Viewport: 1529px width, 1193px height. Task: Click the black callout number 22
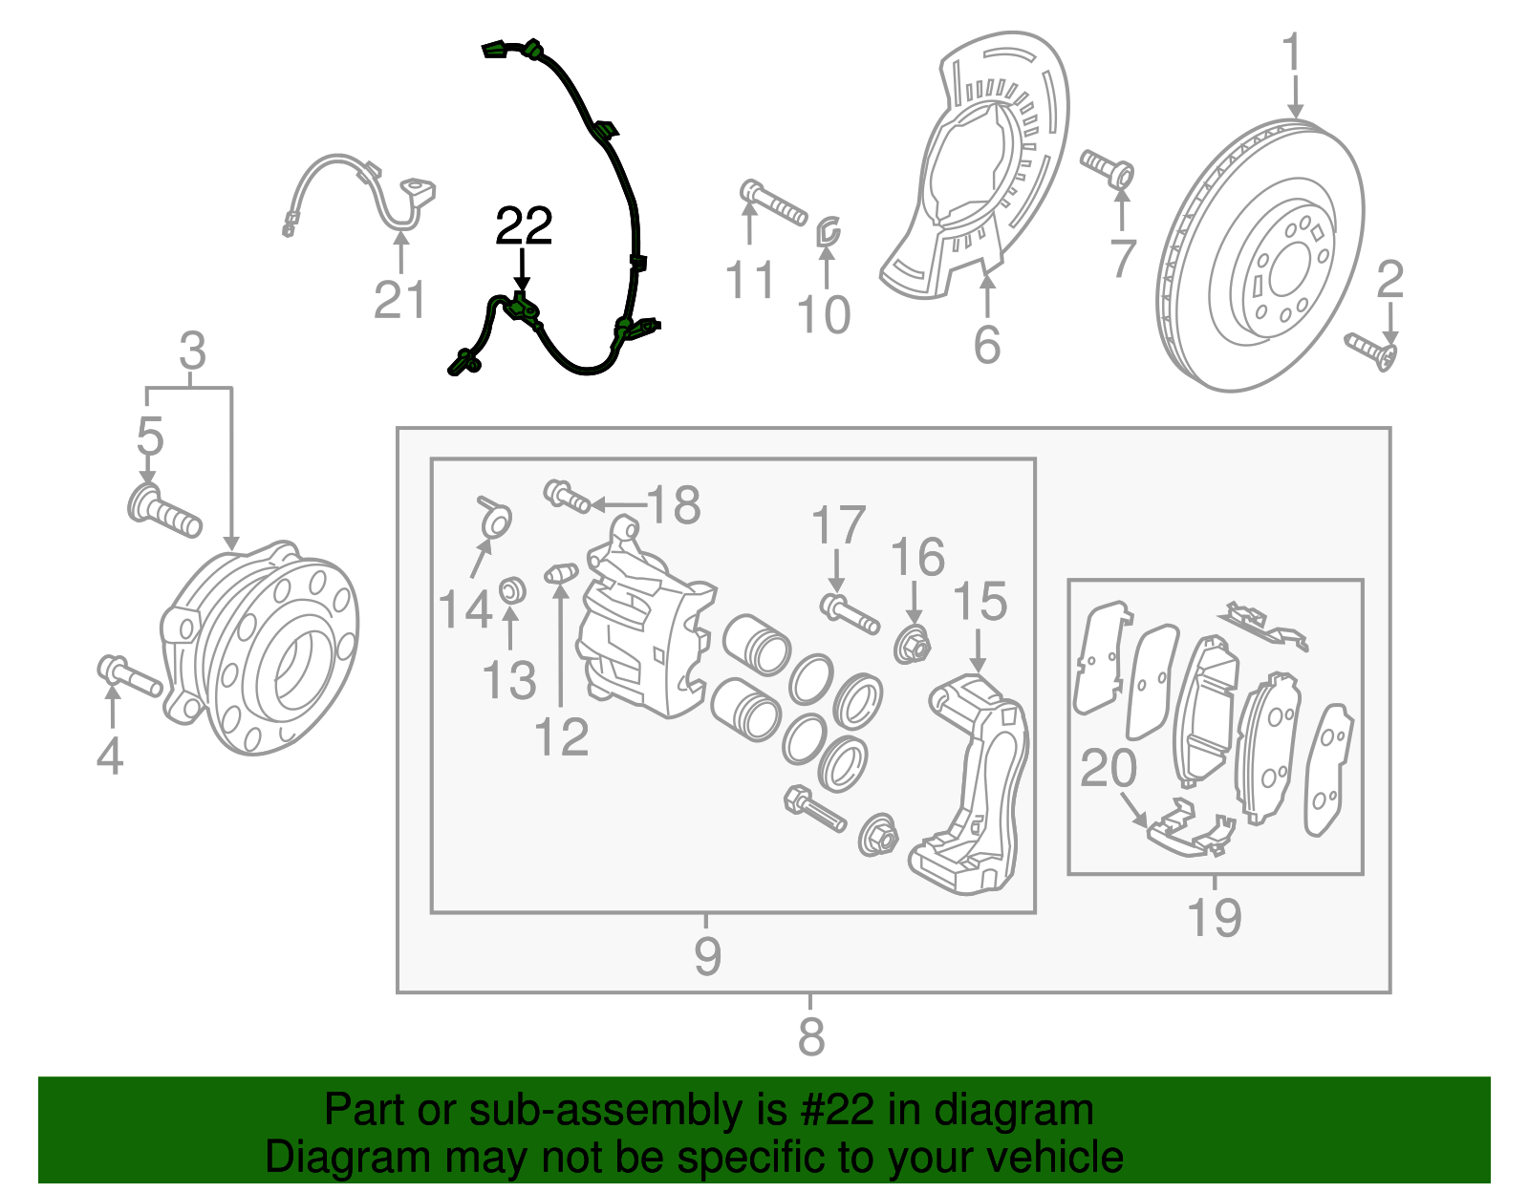(524, 226)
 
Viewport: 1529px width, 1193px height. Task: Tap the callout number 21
(399, 300)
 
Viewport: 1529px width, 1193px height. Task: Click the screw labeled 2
(1370, 351)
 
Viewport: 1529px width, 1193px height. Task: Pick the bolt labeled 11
(773, 202)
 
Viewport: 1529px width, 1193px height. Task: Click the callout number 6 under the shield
(987, 344)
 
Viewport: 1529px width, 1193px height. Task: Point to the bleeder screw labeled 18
(568, 496)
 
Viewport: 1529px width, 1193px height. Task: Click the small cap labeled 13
(513, 590)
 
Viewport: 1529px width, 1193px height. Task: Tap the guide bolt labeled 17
(849, 612)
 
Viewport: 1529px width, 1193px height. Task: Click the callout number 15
(980, 602)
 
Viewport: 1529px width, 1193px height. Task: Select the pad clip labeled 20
(1189, 830)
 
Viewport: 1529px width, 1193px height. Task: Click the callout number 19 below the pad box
(1214, 917)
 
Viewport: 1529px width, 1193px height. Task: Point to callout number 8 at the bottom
(810, 1036)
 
